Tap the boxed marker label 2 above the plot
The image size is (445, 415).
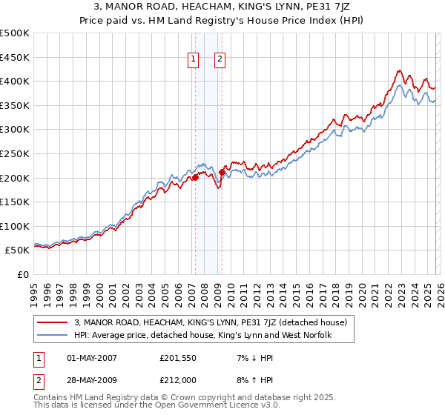click(221, 61)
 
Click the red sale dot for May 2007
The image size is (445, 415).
click(195, 177)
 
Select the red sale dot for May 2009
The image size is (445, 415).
click(222, 172)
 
